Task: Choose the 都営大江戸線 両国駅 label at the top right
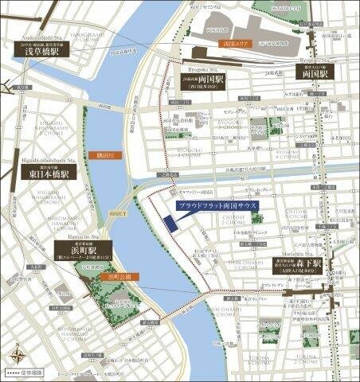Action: pyautogui.click(x=312, y=71)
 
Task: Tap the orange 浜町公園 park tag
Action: pyautogui.click(x=122, y=276)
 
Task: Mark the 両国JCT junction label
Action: pyautogui.click(x=117, y=214)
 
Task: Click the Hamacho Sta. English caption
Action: pyautogui.click(x=76, y=236)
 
